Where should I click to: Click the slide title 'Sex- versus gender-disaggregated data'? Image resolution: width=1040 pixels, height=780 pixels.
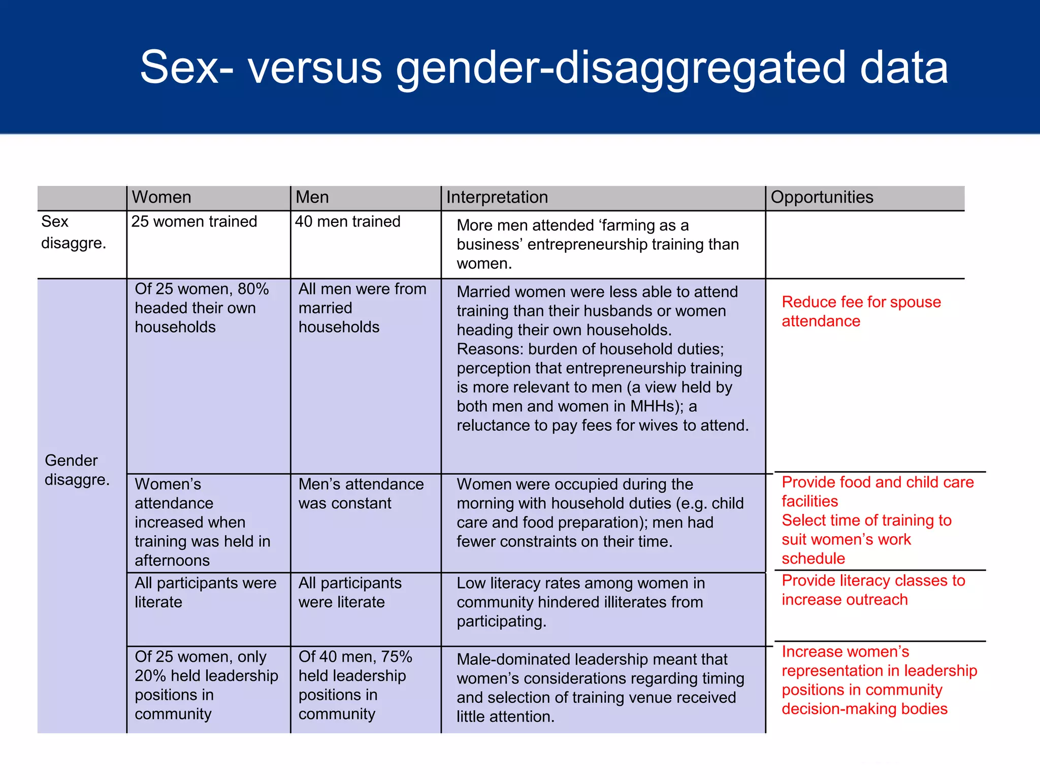click(543, 68)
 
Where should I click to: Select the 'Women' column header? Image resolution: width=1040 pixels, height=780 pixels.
click(161, 197)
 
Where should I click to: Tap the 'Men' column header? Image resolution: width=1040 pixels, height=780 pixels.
click(312, 197)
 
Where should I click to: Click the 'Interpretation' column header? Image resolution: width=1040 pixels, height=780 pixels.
click(497, 197)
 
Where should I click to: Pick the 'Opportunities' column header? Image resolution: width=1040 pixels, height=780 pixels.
click(822, 197)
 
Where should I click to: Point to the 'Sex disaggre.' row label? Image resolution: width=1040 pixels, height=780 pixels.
click(73, 232)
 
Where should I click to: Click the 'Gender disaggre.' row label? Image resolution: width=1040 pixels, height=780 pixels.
click(77, 470)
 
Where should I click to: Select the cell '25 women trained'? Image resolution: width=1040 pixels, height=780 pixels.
click(194, 221)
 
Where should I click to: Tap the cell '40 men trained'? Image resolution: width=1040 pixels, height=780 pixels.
click(347, 221)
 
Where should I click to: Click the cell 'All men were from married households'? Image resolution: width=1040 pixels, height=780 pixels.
click(362, 308)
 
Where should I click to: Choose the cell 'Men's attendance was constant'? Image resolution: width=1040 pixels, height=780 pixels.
click(361, 494)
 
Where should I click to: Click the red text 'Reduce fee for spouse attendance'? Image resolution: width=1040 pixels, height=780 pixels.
click(861, 311)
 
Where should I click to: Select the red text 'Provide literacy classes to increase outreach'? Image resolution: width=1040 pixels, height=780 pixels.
click(873, 590)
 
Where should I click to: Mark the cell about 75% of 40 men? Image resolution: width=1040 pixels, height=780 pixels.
click(355, 685)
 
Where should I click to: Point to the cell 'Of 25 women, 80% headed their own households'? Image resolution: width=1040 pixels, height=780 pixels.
click(202, 308)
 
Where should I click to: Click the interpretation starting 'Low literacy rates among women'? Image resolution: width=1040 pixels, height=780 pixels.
click(580, 602)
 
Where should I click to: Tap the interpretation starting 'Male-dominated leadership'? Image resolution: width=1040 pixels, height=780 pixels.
click(600, 688)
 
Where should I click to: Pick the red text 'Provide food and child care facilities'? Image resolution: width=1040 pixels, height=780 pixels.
click(877, 492)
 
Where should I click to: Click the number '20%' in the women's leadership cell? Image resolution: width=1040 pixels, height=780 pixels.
click(150, 676)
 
